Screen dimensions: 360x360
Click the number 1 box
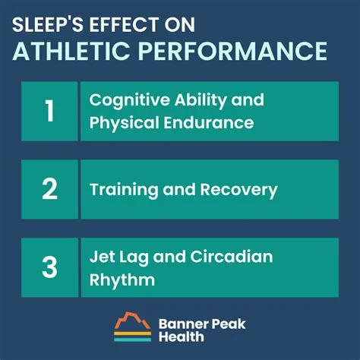coord(49,111)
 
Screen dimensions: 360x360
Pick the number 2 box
coord(49,189)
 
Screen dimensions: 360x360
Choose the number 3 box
coord(49,267)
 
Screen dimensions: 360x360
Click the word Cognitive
coord(125,100)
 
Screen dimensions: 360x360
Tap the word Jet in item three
coord(101,257)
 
